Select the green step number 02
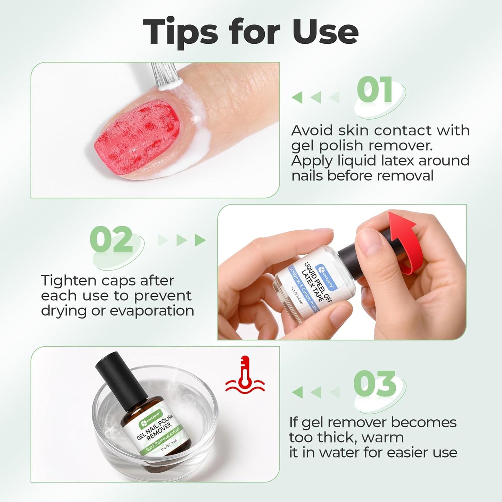click(x=111, y=239)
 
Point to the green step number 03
click(x=375, y=384)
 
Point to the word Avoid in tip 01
click(x=312, y=131)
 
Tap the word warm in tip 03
click(x=382, y=438)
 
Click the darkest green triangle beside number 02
click(x=200, y=240)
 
